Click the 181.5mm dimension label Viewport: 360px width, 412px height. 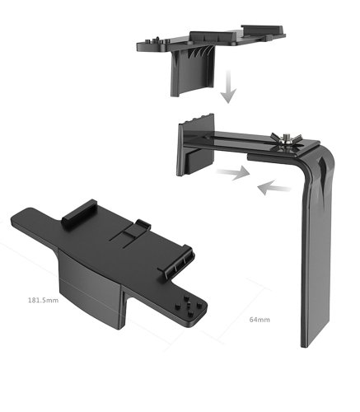(44, 300)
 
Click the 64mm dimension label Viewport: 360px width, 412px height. (259, 320)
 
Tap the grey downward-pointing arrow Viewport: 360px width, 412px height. (228, 87)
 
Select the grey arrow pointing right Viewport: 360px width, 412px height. (233, 173)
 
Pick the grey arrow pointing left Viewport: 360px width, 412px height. (274, 187)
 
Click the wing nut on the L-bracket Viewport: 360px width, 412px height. (286, 138)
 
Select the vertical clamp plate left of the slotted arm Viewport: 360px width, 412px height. (195, 146)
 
